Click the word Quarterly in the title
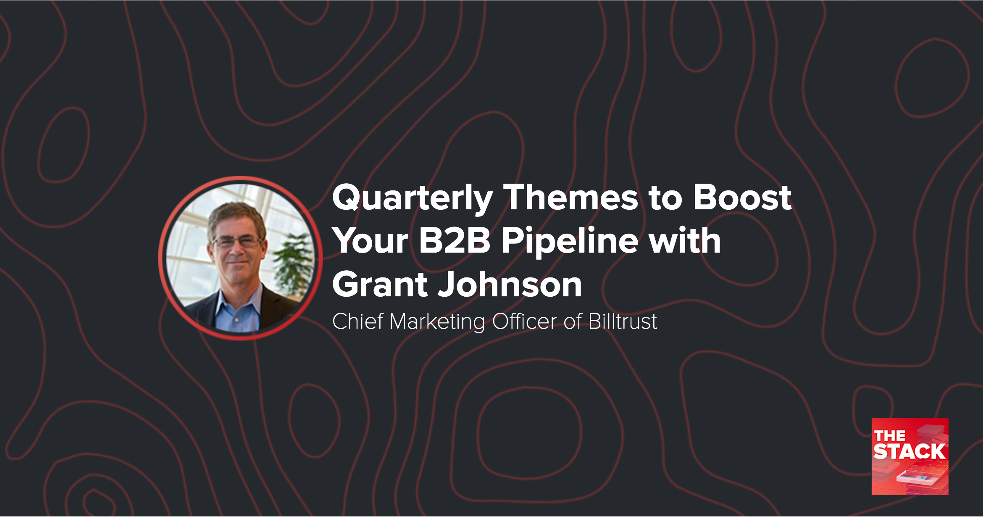412,198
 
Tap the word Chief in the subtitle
357,322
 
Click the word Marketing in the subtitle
437,322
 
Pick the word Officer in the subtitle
524,322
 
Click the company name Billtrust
623,322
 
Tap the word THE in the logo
889,436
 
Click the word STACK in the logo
909,452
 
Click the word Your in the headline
370,241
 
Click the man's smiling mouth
238,264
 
